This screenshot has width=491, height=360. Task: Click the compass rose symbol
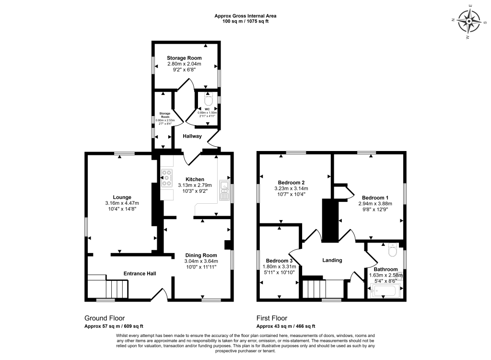point(468,22)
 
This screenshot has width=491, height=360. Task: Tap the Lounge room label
point(122,197)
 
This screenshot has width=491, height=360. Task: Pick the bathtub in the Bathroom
point(386,290)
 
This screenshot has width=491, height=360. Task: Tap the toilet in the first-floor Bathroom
point(392,251)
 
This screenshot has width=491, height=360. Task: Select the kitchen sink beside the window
point(224,190)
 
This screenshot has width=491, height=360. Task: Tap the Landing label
point(332,260)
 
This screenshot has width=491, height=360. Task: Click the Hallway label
point(192,137)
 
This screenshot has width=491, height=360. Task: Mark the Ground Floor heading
point(105,318)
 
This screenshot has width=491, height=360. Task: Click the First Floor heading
point(272,318)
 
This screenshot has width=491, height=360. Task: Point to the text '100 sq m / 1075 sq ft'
point(245,22)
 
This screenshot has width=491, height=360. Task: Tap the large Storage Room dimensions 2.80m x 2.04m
point(184,64)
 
